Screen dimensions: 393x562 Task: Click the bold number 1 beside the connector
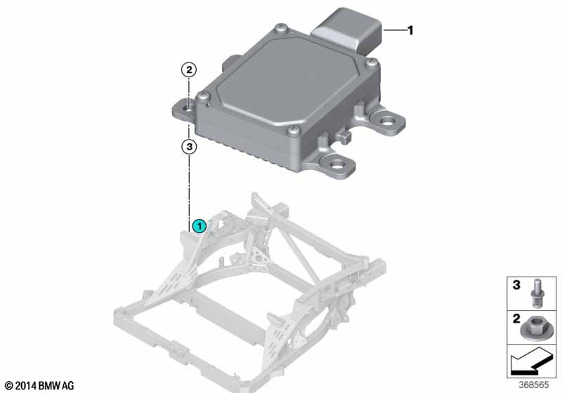pyautogui.click(x=411, y=30)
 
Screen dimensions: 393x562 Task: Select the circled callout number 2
pyautogui.click(x=188, y=70)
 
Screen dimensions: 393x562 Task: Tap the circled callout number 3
pyautogui.click(x=188, y=147)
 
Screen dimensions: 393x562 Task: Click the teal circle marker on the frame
pyautogui.click(x=200, y=225)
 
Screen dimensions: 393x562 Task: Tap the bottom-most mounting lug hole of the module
pyautogui.click(x=342, y=167)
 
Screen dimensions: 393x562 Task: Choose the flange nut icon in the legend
pyautogui.click(x=535, y=326)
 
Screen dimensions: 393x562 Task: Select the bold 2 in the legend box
pyautogui.click(x=516, y=319)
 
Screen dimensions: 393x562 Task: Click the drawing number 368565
pyautogui.click(x=535, y=385)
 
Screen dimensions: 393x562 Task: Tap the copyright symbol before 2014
pyautogui.click(x=8, y=385)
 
